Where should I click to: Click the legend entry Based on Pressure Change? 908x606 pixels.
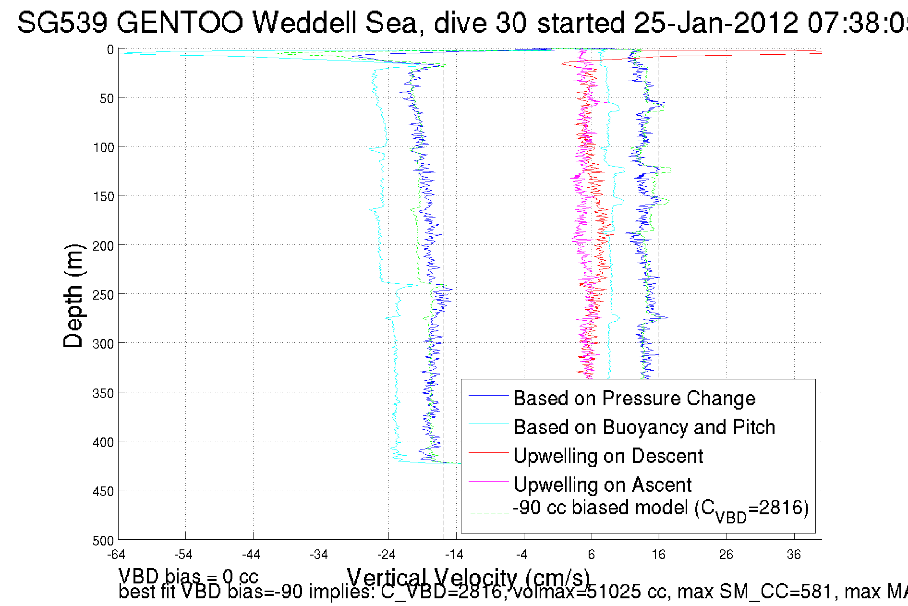(x=634, y=399)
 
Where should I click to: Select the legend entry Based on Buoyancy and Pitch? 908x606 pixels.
(x=644, y=427)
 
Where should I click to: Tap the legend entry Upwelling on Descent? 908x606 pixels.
(x=608, y=456)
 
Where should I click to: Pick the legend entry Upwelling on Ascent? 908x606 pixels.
(x=603, y=485)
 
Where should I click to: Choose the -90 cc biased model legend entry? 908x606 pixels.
(x=661, y=509)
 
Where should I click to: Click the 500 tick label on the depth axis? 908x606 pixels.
(x=103, y=541)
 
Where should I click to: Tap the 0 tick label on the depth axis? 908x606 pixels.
(x=110, y=50)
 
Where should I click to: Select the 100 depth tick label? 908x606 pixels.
(x=103, y=147)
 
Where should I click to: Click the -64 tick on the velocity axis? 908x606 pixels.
(x=116, y=555)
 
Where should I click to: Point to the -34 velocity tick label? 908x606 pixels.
(x=318, y=555)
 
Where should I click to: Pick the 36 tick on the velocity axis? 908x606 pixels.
(x=794, y=555)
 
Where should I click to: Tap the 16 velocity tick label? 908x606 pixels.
(x=658, y=555)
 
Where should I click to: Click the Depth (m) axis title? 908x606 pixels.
(x=73, y=296)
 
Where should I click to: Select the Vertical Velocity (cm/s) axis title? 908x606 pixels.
(x=468, y=578)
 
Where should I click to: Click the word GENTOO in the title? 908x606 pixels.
(x=180, y=23)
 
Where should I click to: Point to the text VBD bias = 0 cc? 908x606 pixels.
(x=188, y=576)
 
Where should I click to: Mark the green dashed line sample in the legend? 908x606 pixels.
(x=489, y=513)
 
